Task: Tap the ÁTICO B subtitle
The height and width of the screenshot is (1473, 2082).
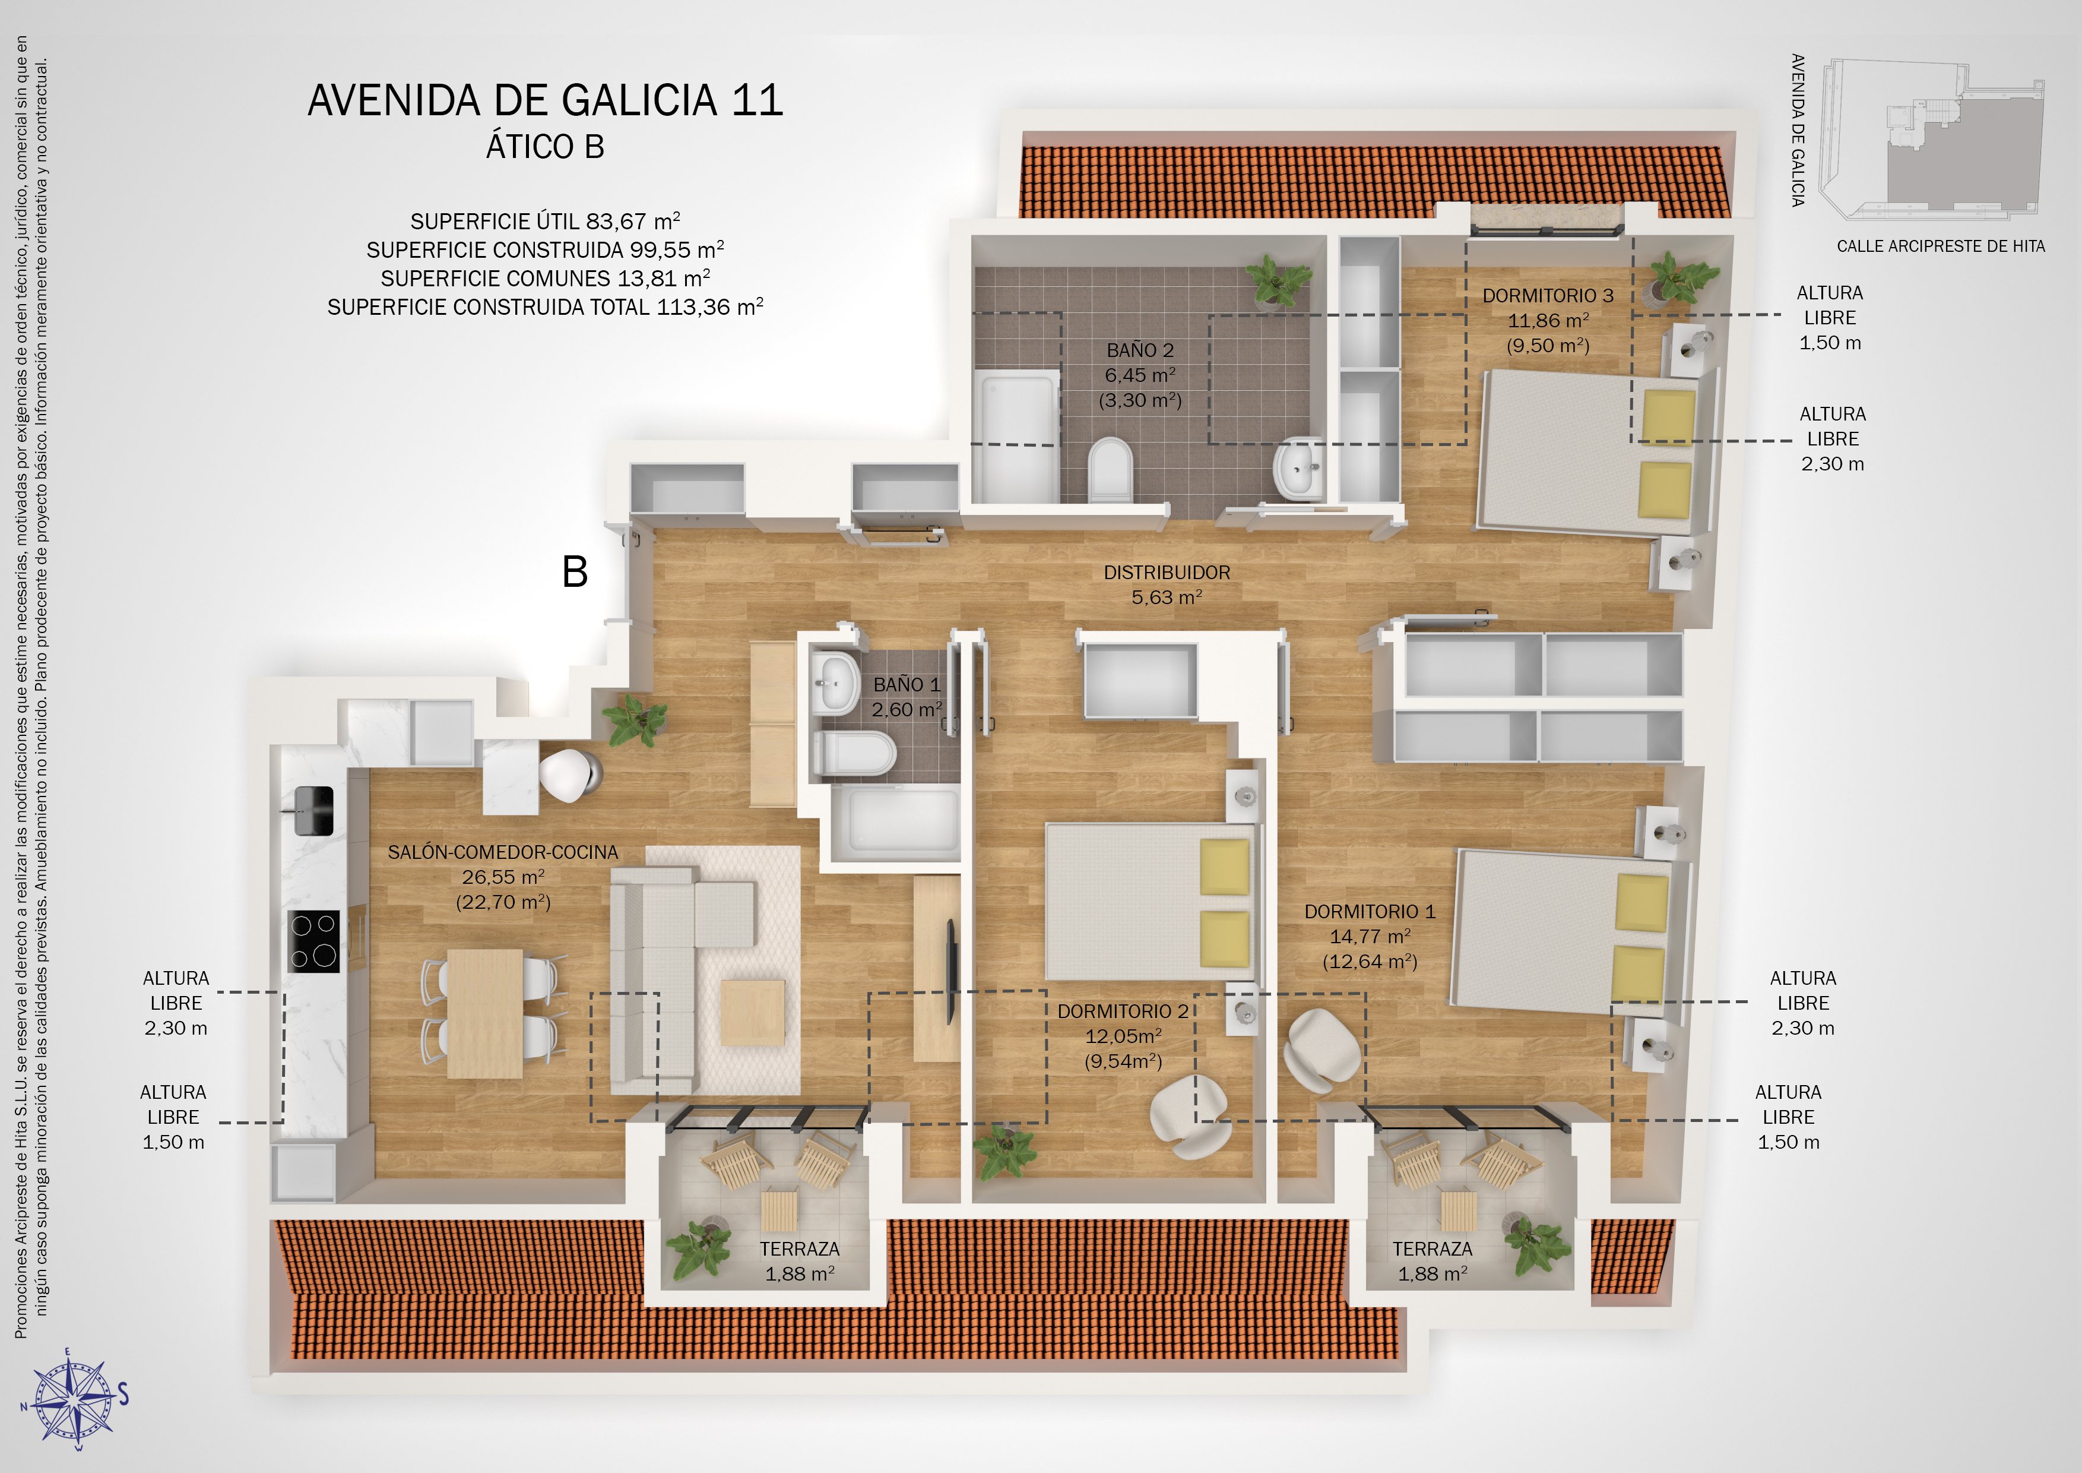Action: pos(545,147)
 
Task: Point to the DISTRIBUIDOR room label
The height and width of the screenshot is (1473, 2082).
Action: pos(1167,573)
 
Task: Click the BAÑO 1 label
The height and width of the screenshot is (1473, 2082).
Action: pos(907,685)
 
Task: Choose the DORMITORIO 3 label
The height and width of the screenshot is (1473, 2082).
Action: pos(1548,296)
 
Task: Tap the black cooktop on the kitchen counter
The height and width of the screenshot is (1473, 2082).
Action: pos(313,941)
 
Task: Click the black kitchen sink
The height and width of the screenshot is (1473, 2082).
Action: pos(313,811)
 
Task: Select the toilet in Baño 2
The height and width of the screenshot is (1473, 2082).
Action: pos(1110,469)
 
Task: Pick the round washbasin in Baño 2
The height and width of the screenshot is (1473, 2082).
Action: pos(1298,468)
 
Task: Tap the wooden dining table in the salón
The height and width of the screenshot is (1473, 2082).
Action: pos(485,1013)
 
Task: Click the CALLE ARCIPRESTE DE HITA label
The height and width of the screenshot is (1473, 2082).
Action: pos(1941,246)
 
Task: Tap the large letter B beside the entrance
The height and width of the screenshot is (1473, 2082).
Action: pos(575,573)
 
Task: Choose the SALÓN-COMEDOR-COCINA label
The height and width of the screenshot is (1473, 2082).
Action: pos(503,852)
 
